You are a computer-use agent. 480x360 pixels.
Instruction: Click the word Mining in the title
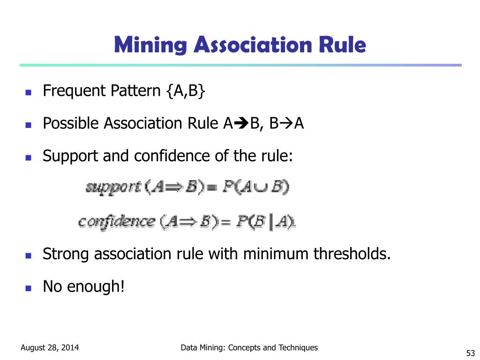point(150,45)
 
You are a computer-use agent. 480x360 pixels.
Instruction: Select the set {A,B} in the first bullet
point(185,90)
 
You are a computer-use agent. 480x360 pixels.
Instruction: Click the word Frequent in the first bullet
point(75,90)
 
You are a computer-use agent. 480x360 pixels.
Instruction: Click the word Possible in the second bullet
point(71,123)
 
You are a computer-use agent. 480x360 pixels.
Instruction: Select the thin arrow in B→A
point(287,124)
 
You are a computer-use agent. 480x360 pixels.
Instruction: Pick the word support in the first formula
point(113,188)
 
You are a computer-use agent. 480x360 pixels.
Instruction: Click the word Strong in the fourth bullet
point(66,254)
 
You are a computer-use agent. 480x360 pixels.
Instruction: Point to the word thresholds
point(352,254)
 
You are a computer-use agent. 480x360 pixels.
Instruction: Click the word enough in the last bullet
point(96,286)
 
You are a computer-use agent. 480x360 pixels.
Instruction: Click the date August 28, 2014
point(50,348)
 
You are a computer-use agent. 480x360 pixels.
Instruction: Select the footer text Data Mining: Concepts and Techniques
point(249,347)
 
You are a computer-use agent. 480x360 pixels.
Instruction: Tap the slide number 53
point(471,353)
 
